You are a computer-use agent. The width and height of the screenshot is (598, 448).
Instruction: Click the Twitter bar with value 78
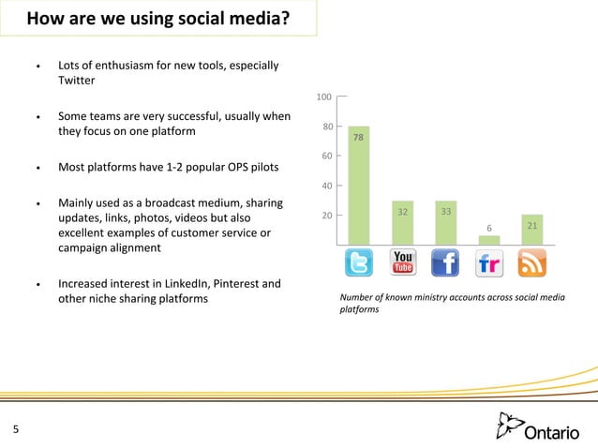point(358,185)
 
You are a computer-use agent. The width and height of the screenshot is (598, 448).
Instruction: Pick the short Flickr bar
point(488,240)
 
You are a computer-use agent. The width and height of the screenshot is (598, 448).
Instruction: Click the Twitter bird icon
point(359,263)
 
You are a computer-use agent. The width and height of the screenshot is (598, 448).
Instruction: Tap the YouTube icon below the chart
point(402,263)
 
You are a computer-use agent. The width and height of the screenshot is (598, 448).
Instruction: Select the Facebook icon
point(445,263)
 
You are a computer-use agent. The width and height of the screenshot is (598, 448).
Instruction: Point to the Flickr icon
point(488,263)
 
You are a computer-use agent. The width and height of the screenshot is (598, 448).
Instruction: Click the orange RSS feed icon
point(531,263)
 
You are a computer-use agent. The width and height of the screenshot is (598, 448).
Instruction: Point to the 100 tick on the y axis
point(324,97)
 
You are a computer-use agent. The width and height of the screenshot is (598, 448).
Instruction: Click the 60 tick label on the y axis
point(327,156)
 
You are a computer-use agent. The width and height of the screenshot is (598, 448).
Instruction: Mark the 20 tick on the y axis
point(327,216)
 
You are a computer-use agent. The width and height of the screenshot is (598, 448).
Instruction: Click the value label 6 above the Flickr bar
point(488,228)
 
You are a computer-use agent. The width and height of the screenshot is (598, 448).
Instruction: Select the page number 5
point(16,430)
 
